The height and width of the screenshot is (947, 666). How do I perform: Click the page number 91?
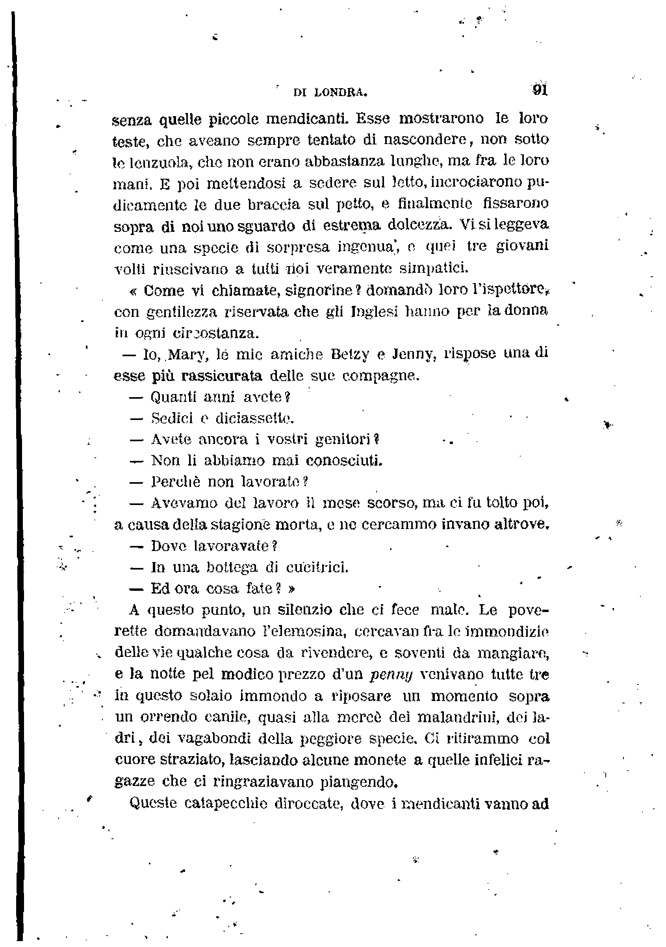(x=540, y=90)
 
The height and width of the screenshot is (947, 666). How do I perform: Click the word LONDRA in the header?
(x=340, y=93)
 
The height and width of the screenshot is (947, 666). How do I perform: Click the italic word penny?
(x=386, y=675)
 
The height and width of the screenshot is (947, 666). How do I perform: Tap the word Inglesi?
(x=374, y=311)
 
